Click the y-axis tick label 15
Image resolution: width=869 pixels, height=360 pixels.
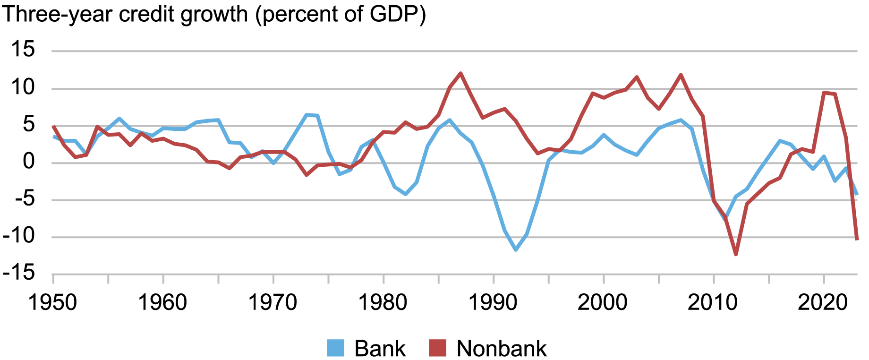23,50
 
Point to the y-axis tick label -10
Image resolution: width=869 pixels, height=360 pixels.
19,236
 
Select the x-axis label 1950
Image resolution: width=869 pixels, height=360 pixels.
52,302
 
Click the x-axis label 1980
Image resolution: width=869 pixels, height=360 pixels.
383,302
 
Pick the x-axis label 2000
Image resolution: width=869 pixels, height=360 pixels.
603,302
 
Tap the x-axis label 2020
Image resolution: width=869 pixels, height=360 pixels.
823,302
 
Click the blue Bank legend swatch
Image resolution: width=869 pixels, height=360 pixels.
335,349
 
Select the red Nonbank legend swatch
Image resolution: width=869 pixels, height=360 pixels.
437,349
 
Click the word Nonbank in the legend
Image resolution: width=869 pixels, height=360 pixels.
502,349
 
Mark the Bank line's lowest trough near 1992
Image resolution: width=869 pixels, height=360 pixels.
516,249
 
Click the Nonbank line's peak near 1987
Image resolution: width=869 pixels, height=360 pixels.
460,73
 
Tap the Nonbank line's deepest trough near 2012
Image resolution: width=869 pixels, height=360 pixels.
736,254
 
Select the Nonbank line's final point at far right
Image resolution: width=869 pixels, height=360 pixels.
856,239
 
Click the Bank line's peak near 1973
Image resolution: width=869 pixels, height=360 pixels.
307,115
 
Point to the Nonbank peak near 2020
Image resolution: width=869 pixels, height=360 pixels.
824,93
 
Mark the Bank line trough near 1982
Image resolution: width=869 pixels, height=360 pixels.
405,194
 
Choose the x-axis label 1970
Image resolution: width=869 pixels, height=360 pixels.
273,302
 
